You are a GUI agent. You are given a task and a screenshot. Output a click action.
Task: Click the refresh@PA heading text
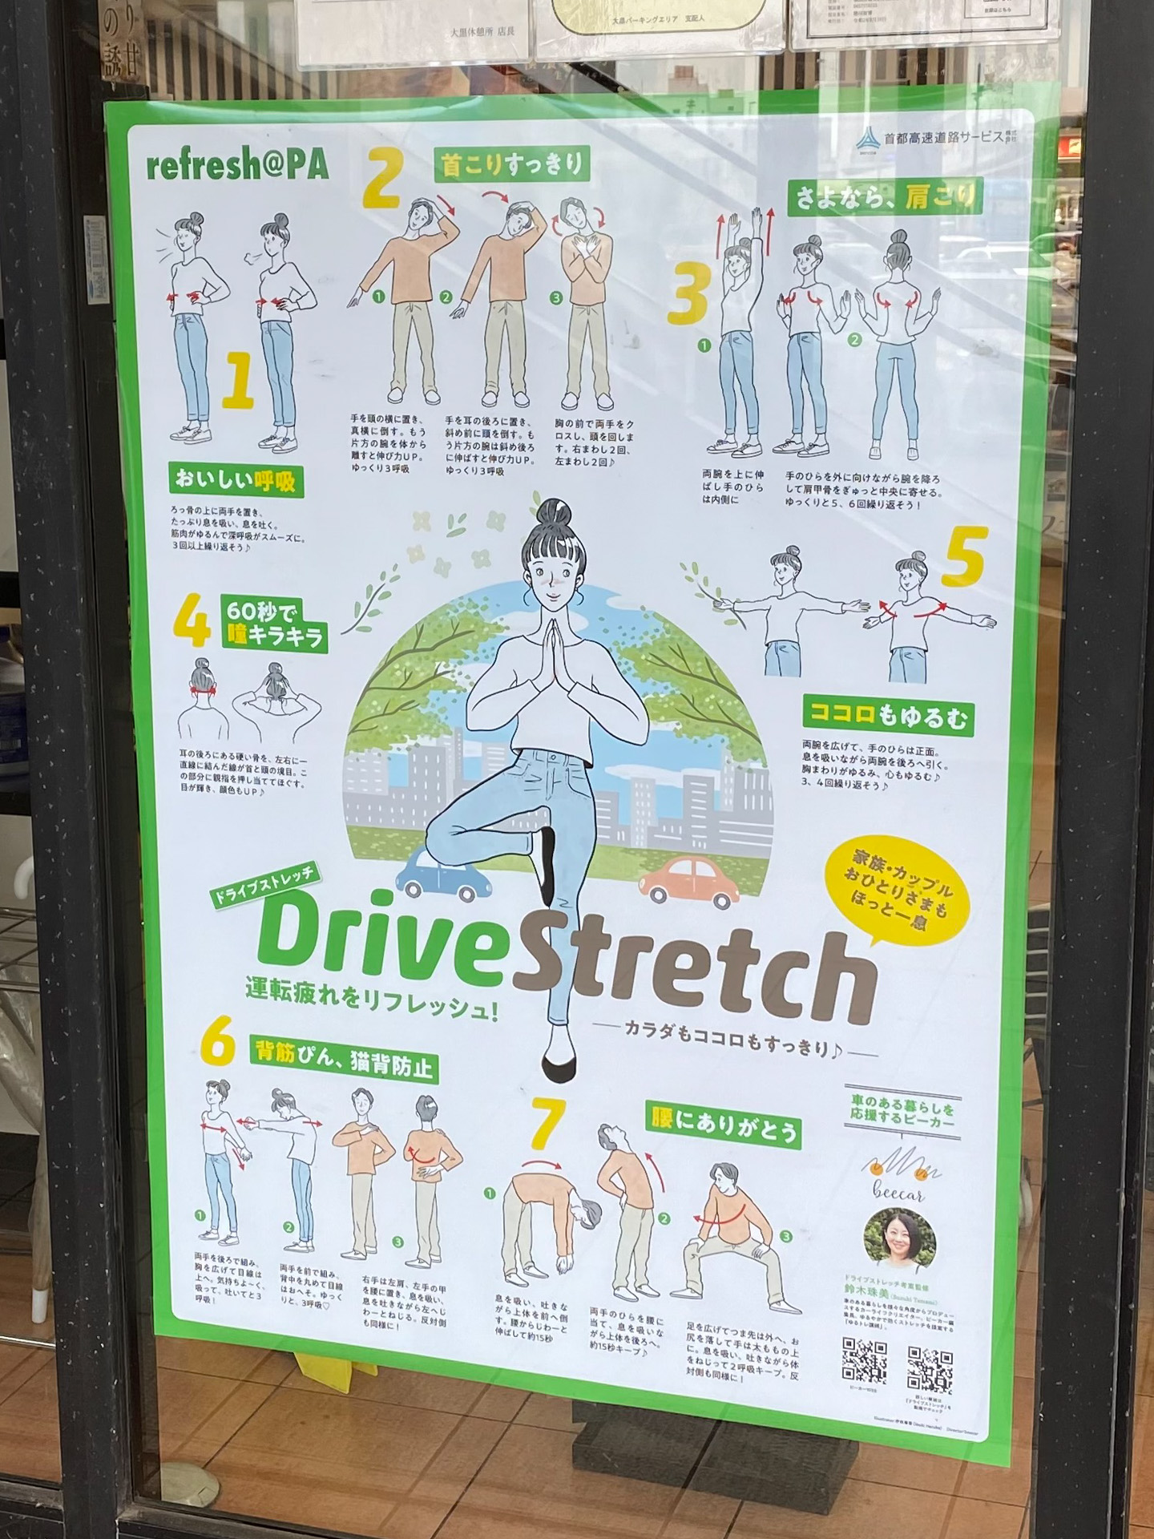[237, 165]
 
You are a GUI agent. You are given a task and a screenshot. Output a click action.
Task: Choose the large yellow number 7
[548, 1124]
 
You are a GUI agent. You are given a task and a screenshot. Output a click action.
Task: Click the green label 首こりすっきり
[511, 165]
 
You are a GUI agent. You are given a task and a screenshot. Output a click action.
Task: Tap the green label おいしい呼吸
[235, 480]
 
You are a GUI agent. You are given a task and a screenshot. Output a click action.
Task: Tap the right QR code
[930, 1368]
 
